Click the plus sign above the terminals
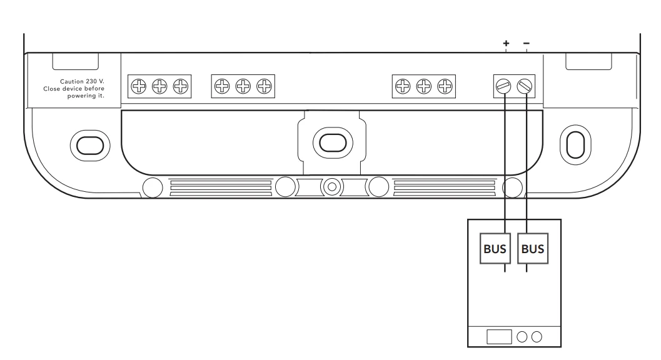(x=506, y=43)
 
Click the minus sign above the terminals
(x=526, y=43)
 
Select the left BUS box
(x=495, y=248)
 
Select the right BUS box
(x=533, y=248)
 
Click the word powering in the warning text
(x=79, y=97)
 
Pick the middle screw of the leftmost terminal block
(x=160, y=86)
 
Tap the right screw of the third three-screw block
(x=445, y=86)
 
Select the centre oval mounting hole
(x=328, y=141)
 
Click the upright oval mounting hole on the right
(x=575, y=143)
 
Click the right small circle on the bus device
(x=537, y=337)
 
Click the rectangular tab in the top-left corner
(x=74, y=61)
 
